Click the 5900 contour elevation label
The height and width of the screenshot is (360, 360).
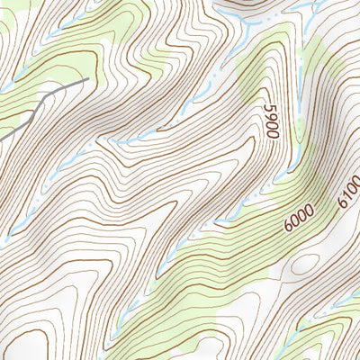(x=271, y=121)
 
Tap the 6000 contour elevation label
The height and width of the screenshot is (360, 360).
(x=298, y=217)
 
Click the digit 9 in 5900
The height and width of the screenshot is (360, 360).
(x=270, y=117)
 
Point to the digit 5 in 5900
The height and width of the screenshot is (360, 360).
(x=268, y=108)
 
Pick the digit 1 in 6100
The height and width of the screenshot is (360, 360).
(x=347, y=197)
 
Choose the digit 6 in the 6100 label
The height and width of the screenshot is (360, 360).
(x=343, y=204)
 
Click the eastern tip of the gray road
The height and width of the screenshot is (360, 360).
(x=87, y=80)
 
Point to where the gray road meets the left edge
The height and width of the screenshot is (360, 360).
(x=2, y=138)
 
